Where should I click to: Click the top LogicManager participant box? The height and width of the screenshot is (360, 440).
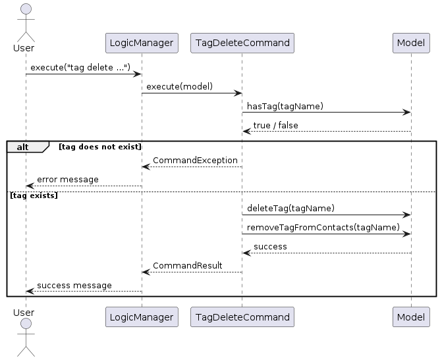[142, 43]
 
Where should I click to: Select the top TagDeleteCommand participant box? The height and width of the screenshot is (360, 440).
[242, 43]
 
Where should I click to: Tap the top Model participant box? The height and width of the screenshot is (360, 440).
[411, 43]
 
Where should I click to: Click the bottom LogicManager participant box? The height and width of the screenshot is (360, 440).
[142, 317]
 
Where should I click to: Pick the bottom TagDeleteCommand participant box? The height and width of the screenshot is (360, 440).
[242, 317]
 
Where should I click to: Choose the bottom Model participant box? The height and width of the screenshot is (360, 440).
[411, 317]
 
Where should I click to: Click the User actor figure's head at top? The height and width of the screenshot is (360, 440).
[24, 9]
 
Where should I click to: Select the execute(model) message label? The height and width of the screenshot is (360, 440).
[179, 87]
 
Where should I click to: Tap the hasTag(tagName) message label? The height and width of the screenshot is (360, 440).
[285, 106]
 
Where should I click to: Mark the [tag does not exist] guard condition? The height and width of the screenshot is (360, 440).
[99, 146]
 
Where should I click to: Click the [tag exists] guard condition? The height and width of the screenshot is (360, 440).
[33, 196]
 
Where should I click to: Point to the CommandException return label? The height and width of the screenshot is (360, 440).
[195, 161]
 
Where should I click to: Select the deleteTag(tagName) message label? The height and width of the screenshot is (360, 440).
[290, 208]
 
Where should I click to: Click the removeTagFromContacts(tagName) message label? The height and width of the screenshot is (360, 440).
[323, 227]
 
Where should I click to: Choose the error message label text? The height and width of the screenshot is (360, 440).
[67, 179]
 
